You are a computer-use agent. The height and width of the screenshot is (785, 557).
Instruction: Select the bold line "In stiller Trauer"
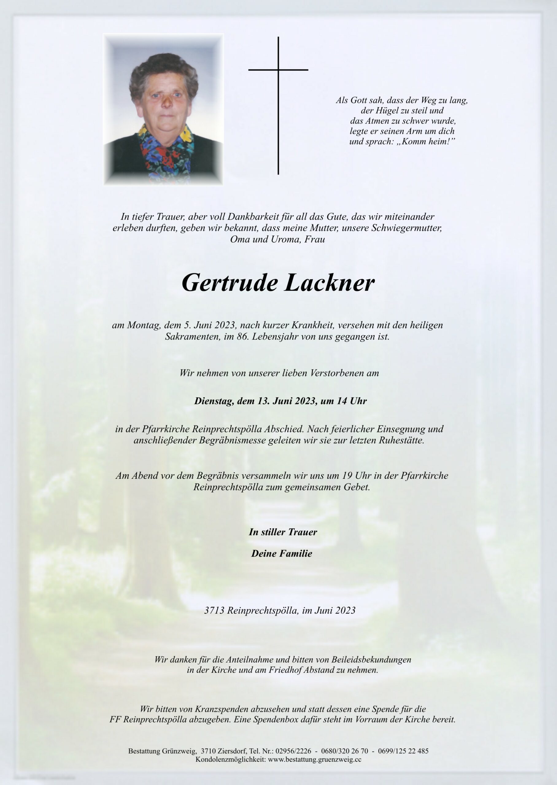click(283, 532)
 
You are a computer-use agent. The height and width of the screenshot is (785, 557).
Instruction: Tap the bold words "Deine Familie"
click(282, 553)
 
